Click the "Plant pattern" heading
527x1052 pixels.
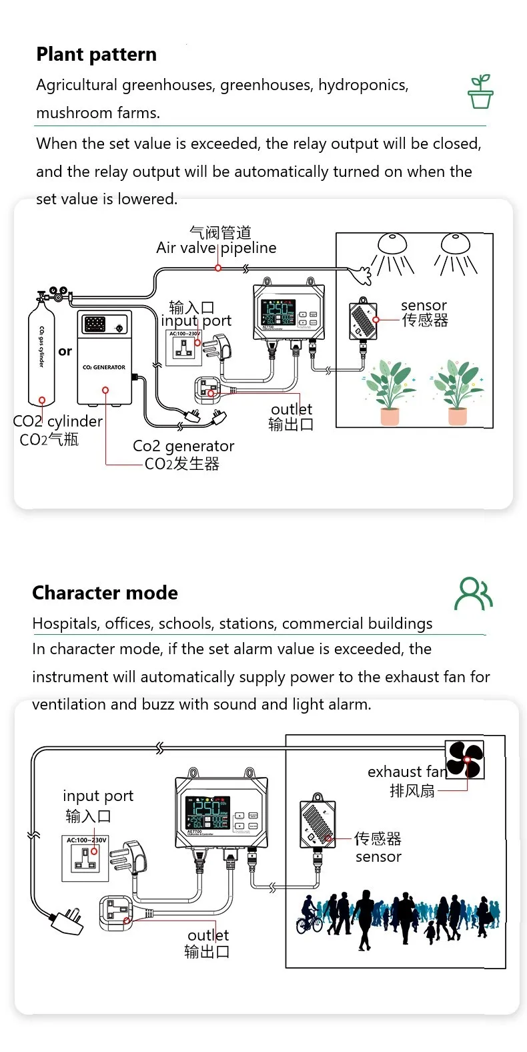click(96, 54)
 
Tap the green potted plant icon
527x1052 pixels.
click(480, 91)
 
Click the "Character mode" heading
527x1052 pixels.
click(105, 593)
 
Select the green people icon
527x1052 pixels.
click(473, 594)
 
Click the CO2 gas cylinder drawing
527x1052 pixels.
click(41, 354)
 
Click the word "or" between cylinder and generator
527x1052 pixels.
click(65, 351)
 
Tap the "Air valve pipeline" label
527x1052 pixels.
click(215, 248)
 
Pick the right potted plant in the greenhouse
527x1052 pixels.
click(458, 391)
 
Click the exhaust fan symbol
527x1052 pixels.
click(464, 760)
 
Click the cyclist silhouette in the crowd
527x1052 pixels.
click(309, 916)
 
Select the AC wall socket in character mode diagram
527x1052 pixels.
click(86, 858)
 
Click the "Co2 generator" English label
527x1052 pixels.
click(183, 446)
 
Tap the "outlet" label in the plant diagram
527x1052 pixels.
click(291, 409)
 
